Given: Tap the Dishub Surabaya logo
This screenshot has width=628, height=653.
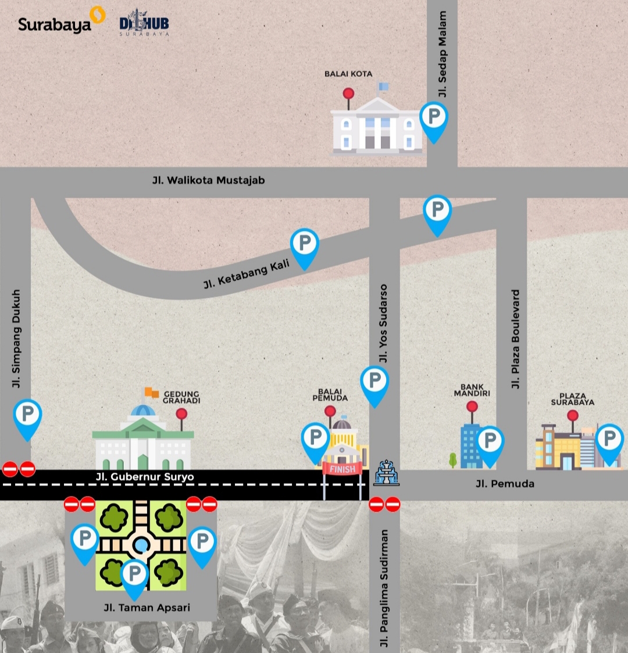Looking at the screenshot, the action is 144,24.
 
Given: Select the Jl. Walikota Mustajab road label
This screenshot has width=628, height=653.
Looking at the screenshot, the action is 208,180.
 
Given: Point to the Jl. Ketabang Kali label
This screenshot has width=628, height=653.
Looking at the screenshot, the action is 247,274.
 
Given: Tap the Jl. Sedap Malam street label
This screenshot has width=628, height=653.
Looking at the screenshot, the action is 443,54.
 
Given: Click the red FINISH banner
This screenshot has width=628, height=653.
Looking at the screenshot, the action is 342,469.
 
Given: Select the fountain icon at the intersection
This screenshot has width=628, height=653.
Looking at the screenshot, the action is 386,472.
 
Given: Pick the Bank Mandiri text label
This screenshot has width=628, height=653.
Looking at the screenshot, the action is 472,390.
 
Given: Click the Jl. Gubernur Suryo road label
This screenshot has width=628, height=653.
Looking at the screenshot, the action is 145,477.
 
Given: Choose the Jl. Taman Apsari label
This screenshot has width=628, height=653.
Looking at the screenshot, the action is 147,608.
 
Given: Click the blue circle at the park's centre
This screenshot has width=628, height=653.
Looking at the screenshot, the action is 141,545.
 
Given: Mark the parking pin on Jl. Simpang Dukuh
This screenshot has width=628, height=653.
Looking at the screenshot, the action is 27,416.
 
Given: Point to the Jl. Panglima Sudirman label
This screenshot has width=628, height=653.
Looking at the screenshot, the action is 384,588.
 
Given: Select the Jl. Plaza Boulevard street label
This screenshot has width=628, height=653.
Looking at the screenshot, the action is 515,339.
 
